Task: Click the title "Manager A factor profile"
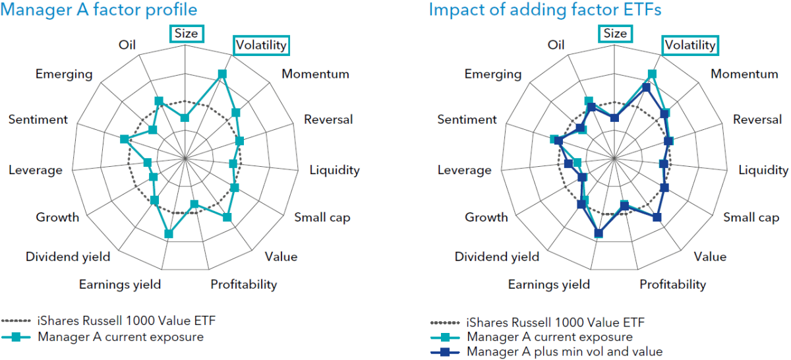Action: (98, 9)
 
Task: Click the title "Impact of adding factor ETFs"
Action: (545, 9)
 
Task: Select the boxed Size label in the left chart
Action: (187, 34)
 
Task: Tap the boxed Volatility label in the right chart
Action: (690, 45)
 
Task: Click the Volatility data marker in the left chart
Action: (222, 74)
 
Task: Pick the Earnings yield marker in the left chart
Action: (169, 234)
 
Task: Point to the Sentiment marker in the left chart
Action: (125, 139)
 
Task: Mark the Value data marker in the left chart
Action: (227, 218)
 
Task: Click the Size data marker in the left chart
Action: (185, 117)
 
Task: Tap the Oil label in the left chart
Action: (127, 45)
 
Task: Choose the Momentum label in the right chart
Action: (744, 74)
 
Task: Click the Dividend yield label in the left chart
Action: (68, 257)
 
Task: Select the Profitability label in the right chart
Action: (673, 284)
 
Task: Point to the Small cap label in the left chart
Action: (322, 218)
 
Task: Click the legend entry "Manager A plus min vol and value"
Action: (565, 351)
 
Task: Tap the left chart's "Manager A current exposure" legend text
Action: (121, 337)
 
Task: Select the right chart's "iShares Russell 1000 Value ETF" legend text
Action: (556, 322)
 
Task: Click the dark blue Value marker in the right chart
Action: (657, 218)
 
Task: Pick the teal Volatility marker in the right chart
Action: (652, 74)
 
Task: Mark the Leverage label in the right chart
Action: (464, 170)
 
